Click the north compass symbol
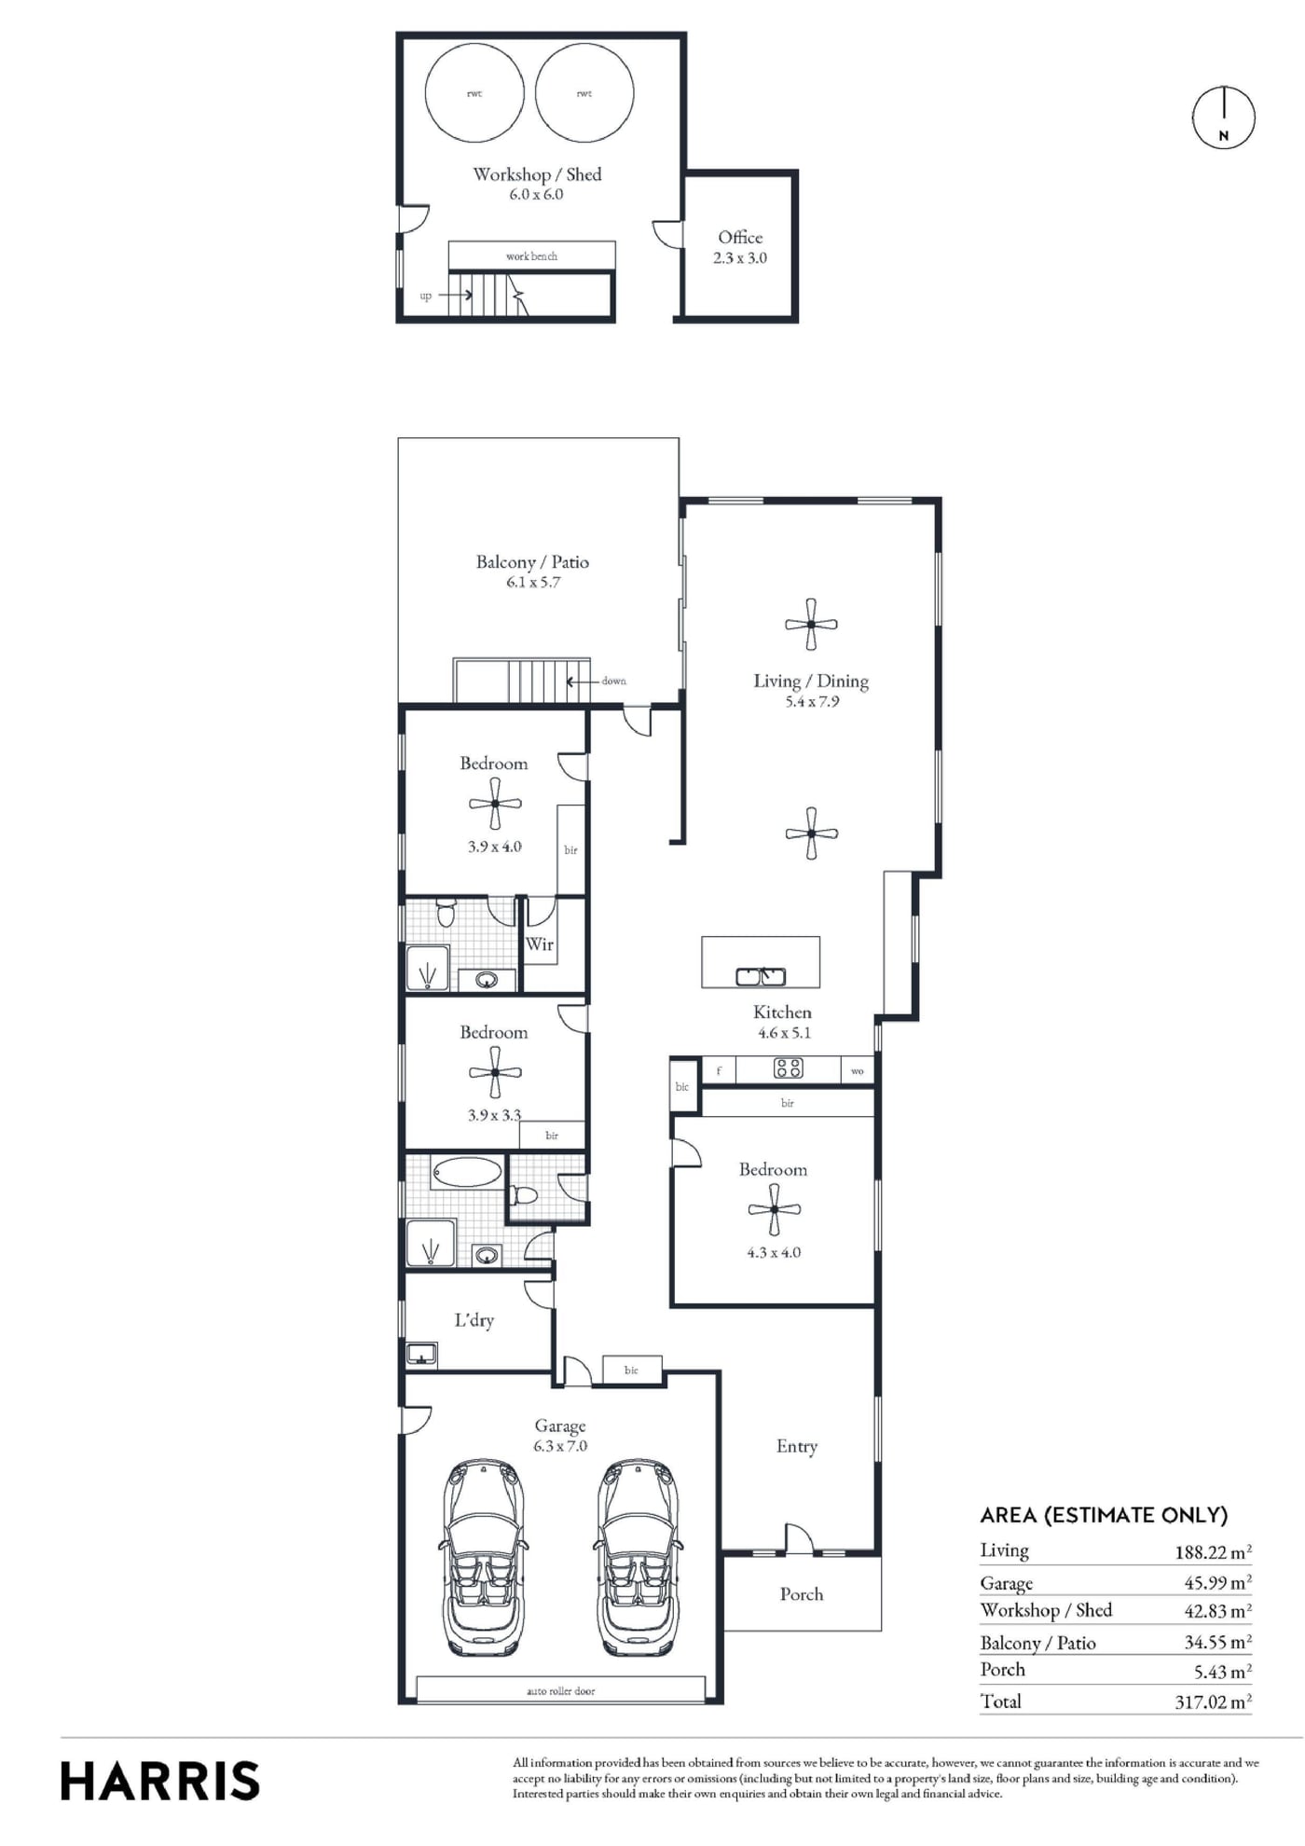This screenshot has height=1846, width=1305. pyautogui.click(x=1223, y=117)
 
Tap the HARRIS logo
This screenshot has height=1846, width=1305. pyautogui.click(x=159, y=1781)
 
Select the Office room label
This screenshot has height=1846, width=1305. pyautogui.click(x=740, y=238)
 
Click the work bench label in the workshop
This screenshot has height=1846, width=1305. pyautogui.click(x=531, y=256)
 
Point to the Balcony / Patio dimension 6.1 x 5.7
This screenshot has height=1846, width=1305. pyautogui.click(x=533, y=583)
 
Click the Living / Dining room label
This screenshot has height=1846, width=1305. pyautogui.click(x=811, y=682)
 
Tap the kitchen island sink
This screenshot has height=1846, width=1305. pyautogui.click(x=761, y=976)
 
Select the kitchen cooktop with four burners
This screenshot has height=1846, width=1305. pyautogui.click(x=789, y=1068)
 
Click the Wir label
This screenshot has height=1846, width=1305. pyautogui.click(x=540, y=944)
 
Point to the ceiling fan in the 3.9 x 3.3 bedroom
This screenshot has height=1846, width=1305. pyautogui.click(x=495, y=1072)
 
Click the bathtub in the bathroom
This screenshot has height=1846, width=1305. pyautogui.click(x=467, y=1172)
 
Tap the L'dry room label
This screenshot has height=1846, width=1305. pyautogui.click(x=474, y=1320)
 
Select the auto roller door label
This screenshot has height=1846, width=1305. pyautogui.click(x=561, y=1691)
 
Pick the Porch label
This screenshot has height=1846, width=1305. pyautogui.click(x=802, y=1594)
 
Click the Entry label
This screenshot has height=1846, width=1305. pyautogui.click(x=797, y=1446)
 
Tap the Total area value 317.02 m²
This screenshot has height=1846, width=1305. pyautogui.click(x=1213, y=1701)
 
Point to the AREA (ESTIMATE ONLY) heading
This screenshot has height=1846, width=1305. pyautogui.click(x=1104, y=1515)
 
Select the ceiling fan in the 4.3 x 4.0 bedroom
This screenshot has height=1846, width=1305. pyautogui.click(x=775, y=1210)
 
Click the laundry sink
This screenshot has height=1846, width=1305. pyautogui.click(x=421, y=1354)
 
